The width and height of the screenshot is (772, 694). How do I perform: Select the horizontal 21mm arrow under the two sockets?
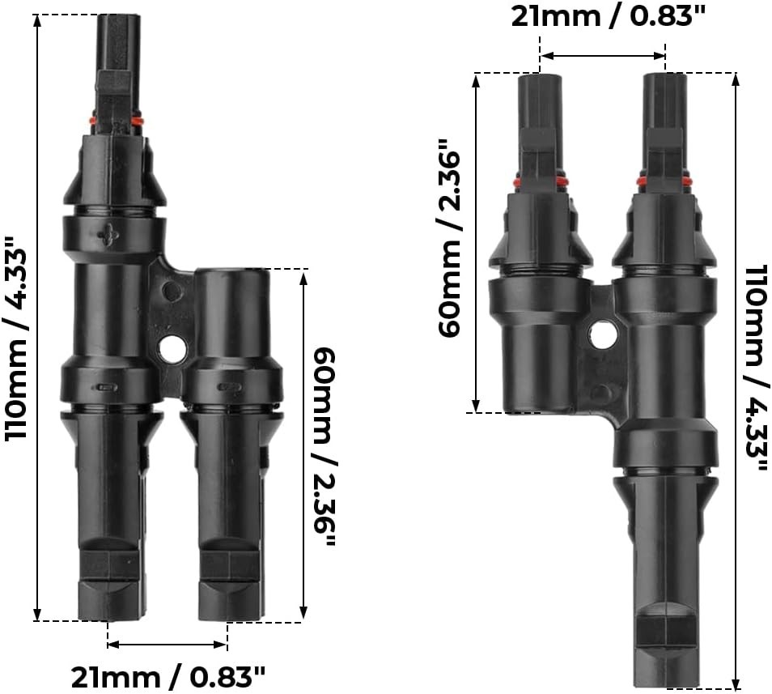[x=168, y=645]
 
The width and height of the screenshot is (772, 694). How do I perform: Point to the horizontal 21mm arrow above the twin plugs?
[x=603, y=56]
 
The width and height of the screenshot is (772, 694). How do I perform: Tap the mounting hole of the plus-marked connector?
[x=172, y=349]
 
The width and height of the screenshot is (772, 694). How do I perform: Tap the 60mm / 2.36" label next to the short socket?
[x=324, y=445]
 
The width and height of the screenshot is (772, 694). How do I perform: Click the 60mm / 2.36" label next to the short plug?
[x=450, y=243]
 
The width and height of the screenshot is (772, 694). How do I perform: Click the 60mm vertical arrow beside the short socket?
[x=304, y=445]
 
